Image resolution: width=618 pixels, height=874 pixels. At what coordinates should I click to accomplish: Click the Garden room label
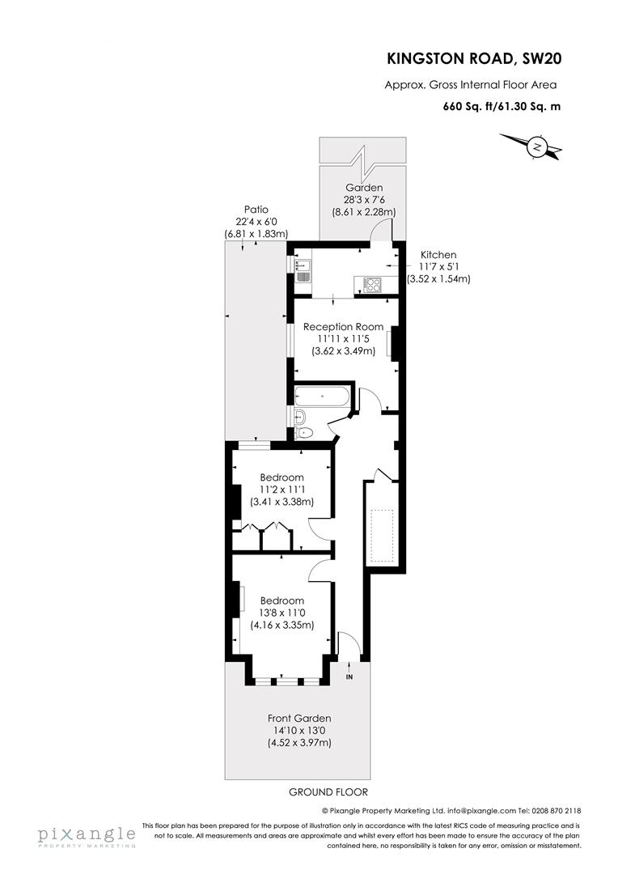(x=363, y=188)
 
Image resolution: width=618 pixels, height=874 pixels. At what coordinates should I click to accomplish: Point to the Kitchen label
(x=438, y=254)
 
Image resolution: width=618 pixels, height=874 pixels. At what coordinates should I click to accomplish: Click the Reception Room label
(x=343, y=327)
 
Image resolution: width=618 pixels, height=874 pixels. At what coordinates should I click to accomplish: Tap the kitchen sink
(x=301, y=269)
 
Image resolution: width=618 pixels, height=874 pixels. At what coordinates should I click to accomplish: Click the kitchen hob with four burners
(x=374, y=283)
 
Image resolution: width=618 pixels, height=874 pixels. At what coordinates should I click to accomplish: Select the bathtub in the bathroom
(x=322, y=397)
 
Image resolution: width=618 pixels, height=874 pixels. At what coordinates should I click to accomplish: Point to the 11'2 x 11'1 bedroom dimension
(x=282, y=490)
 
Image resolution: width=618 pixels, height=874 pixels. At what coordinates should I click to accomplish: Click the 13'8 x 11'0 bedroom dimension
(x=282, y=613)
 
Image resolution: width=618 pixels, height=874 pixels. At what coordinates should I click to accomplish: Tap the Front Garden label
(x=299, y=718)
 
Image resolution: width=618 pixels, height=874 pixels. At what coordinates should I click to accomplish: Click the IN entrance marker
(x=349, y=676)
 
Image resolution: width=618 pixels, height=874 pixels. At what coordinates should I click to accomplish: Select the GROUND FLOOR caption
(x=322, y=792)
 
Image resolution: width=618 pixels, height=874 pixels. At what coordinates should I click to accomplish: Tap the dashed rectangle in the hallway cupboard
(x=381, y=536)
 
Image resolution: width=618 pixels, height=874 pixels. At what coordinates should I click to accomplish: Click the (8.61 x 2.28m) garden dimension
(x=363, y=212)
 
